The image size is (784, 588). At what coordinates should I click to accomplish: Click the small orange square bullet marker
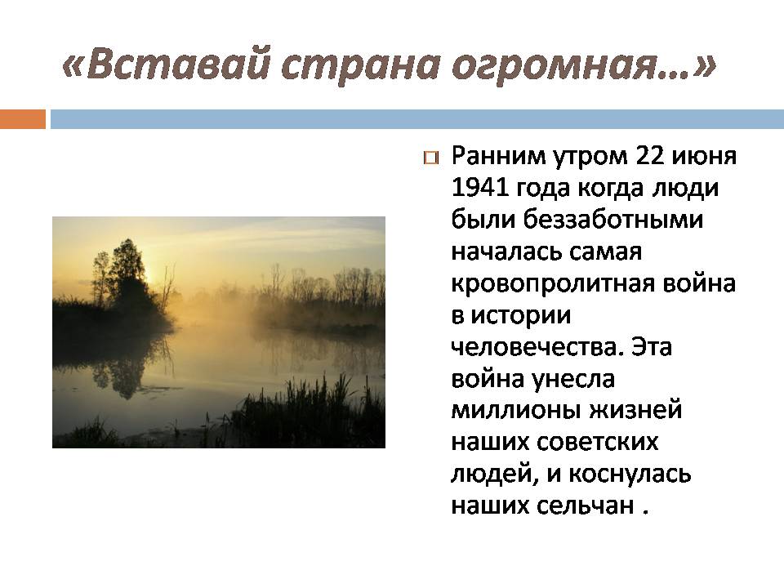point(430,158)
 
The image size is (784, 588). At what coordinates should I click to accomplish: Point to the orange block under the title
point(23,120)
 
